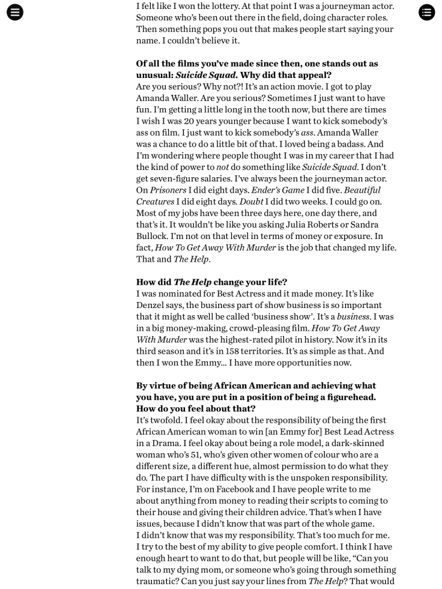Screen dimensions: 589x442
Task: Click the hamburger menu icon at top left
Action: coord(15,12)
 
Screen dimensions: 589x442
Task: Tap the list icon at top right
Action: coord(426,12)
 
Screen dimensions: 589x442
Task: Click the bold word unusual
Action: coord(155,76)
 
